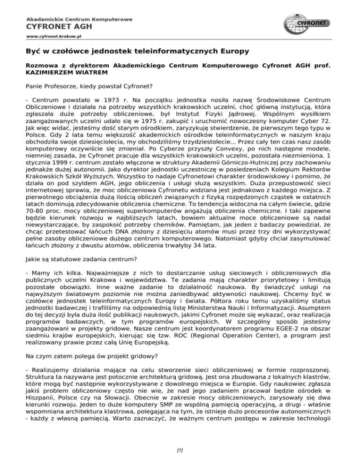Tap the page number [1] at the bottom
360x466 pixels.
click(180, 451)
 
